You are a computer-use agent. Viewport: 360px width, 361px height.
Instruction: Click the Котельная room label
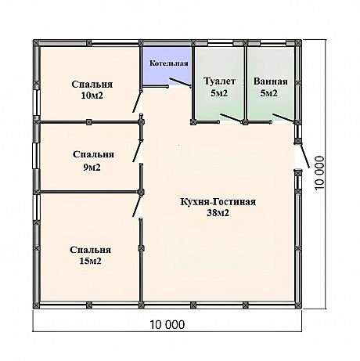[x=168, y=63]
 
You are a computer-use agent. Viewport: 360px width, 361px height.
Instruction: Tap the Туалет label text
[x=219, y=81]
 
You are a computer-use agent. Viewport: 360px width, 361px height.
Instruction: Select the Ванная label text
[x=270, y=81]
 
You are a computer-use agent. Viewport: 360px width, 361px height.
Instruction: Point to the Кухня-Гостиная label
[x=218, y=202]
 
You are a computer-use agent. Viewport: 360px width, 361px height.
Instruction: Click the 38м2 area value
[x=218, y=213]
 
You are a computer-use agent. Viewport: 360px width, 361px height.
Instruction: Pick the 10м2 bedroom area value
[x=92, y=96]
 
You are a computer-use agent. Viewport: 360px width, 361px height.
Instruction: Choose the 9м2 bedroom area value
[x=92, y=168]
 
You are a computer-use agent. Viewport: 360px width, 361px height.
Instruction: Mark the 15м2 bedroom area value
[x=90, y=261]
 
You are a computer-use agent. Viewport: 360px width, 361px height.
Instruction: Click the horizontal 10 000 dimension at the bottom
[x=167, y=325]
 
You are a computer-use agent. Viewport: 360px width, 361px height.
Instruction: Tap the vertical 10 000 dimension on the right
[x=320, y=173]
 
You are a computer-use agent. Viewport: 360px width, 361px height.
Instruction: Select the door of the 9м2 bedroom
[x=137, y=151]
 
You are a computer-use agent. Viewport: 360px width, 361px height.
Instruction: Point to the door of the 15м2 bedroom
[x=137, y=205]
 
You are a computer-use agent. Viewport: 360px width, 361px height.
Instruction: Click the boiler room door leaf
[x=180, y=82]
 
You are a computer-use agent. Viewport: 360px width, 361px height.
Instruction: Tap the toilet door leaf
[x=231, y=117]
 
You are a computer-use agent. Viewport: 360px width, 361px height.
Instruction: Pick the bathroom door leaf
[x=283, y=117]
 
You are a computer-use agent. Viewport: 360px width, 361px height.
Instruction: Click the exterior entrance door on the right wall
[x=304, y=156]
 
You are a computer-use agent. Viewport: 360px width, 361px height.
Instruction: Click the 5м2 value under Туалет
[x=219, y=93]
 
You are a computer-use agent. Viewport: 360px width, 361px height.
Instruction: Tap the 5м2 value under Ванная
[x=268, y=93]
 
